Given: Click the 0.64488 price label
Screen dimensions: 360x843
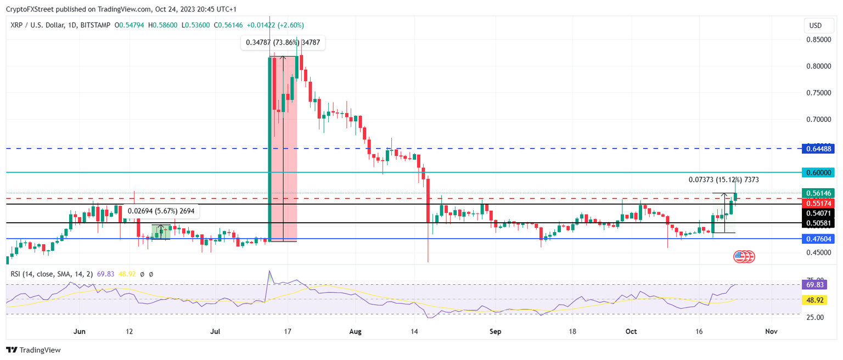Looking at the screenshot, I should click(x=818, y=148).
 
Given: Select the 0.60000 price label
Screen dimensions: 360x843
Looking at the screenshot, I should click(x=818, y=172).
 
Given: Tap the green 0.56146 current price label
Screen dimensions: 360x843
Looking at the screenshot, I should click(x=818, y=193).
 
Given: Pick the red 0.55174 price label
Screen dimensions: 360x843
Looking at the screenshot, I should click(x=818, y=203).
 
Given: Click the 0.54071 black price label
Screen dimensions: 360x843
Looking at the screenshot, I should click(x=818, y=213).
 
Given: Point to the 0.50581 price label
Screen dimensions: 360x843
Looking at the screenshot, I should click(x=818, y=223).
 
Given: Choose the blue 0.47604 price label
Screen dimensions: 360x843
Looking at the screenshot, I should click(x=818, y=239).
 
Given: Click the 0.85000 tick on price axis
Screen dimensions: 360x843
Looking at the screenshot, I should click(x=817, y=40).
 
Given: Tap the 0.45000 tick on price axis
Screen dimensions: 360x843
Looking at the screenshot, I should click(x=817, y=252).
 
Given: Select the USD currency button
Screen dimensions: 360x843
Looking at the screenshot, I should click(x=816, y=26).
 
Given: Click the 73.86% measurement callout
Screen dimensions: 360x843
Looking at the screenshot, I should click(x=283, y=42).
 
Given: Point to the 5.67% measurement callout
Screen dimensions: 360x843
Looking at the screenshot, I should click(x=161, y=211).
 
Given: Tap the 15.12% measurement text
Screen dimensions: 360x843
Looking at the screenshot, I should click(x=724, y=179).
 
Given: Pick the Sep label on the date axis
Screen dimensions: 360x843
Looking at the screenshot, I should click(x=496, y=331).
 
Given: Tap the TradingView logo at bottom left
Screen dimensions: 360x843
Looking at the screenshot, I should click(x=33, y=350).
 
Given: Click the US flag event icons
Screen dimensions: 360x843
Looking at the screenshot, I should click(x=744, y=256).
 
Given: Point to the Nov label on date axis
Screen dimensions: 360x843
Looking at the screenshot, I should click(x=771, y=331).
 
